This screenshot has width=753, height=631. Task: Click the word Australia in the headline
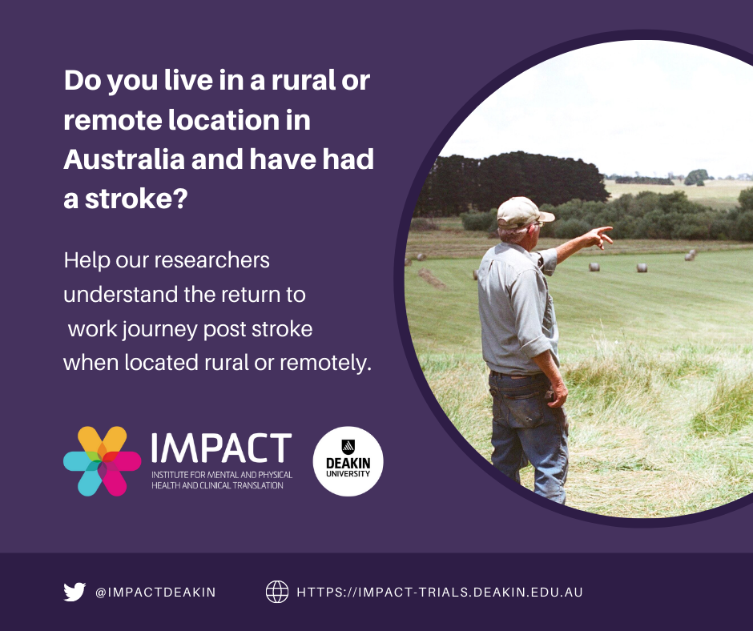tap(124, 159)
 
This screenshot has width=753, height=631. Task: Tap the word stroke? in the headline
tap(136, 199)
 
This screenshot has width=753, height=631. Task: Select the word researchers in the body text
tap(211, 260)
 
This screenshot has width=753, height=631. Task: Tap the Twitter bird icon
tap(74, 592)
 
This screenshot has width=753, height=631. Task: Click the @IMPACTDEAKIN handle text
tap(155, 592)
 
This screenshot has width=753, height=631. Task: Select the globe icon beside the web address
tap(277, 592)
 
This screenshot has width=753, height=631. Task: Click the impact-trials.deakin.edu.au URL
tap(440, 592)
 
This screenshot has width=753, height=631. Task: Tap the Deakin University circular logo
tap(348, 461)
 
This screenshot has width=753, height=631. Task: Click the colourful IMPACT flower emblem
tap(103, 461)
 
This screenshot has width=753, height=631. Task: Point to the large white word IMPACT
tap(221, 448)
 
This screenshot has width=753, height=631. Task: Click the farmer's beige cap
tap(523, 212)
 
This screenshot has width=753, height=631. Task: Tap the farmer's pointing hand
tap(602, 236)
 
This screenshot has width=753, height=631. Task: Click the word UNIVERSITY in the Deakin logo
tap(348, 473)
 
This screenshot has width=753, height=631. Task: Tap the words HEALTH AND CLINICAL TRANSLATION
tap(218, 485)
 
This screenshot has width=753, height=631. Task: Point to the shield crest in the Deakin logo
tap(348, 447)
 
